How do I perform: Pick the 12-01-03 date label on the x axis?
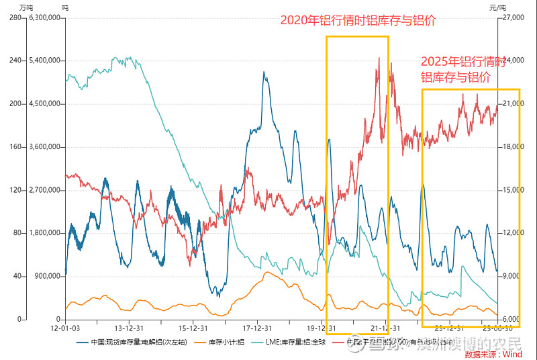click(x=65, y=328)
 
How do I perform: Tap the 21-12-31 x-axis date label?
click(x=384, y=328)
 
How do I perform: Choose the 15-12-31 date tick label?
click(x=193, y=328)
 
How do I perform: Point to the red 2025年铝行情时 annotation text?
click(x=462, y=62)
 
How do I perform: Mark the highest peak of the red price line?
click(x=379, y=58)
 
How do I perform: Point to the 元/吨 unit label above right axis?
click(x=497, y=6)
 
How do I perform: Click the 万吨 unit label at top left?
click(x=27, y=6)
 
